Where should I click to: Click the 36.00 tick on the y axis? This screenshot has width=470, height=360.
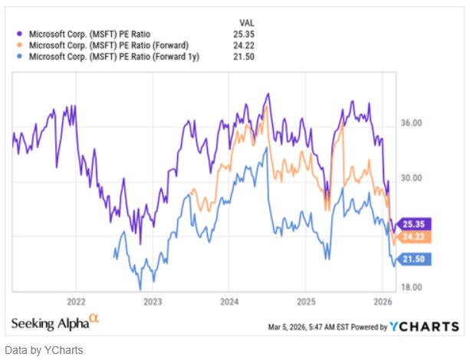pyautogui.click(x=413, y=122)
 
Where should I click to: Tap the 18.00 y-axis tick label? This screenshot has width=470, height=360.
pyautogui.click(x=413, y=286)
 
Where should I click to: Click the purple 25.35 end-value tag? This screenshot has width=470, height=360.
pyautogui.click(x=416, y=224)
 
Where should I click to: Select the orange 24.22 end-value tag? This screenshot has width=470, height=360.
pyautogui.click(x=416, y=237)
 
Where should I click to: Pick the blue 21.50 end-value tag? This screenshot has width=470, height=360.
pyautogui.click(x=416, y=260)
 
